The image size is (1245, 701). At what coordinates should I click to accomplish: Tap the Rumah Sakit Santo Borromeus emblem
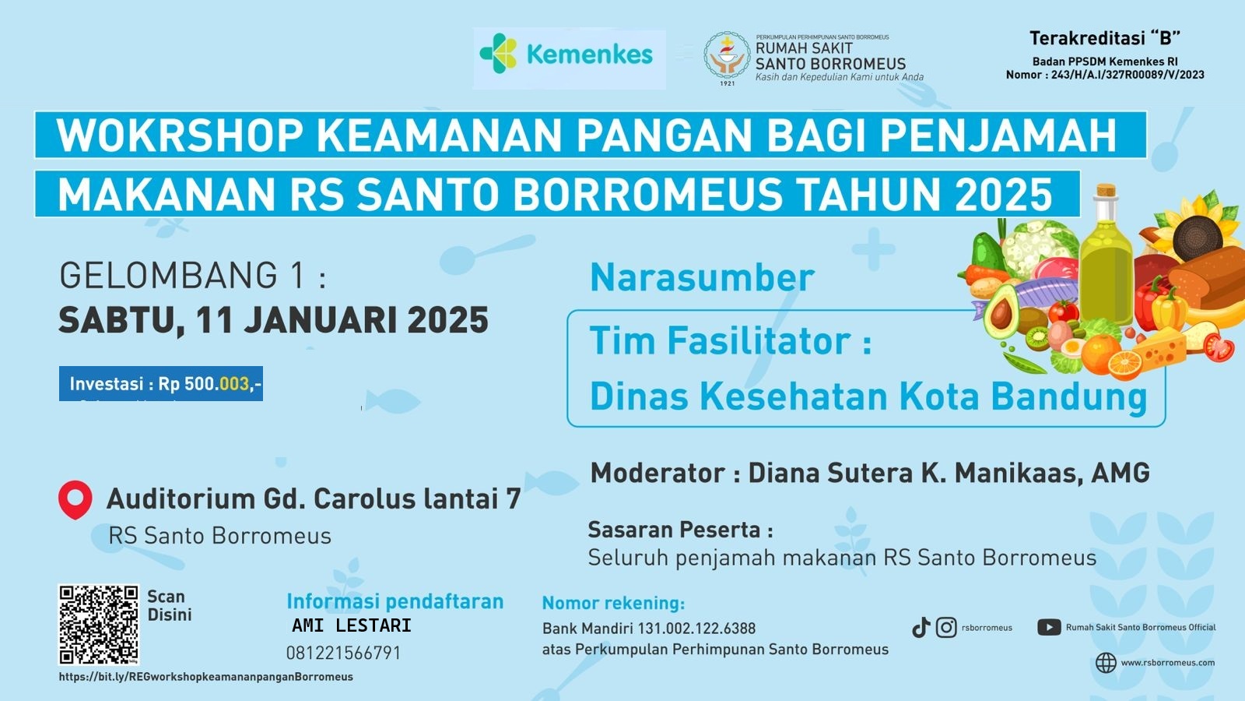(727, 58)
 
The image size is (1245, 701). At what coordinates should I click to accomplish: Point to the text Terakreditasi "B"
(1105, 38)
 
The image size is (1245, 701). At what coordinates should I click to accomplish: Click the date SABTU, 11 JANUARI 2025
(273, 320)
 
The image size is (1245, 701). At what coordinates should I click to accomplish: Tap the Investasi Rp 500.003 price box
(161, 383)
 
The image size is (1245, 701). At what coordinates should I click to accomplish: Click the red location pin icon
(75, 499)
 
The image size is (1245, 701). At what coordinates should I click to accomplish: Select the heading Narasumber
(702, 277)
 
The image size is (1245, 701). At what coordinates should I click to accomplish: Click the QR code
(98, 624)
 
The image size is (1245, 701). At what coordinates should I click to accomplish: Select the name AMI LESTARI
(352, 626)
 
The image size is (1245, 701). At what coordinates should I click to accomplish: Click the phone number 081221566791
(343, 653)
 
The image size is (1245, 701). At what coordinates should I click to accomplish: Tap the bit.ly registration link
(205, 677)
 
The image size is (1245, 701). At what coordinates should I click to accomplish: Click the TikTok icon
(921, 628)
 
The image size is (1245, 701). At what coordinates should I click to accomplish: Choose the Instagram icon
(946, 628)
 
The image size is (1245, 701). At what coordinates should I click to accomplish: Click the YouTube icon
(1049, 628)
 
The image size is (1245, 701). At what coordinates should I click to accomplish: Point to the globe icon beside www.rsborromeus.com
(1106, 663)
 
